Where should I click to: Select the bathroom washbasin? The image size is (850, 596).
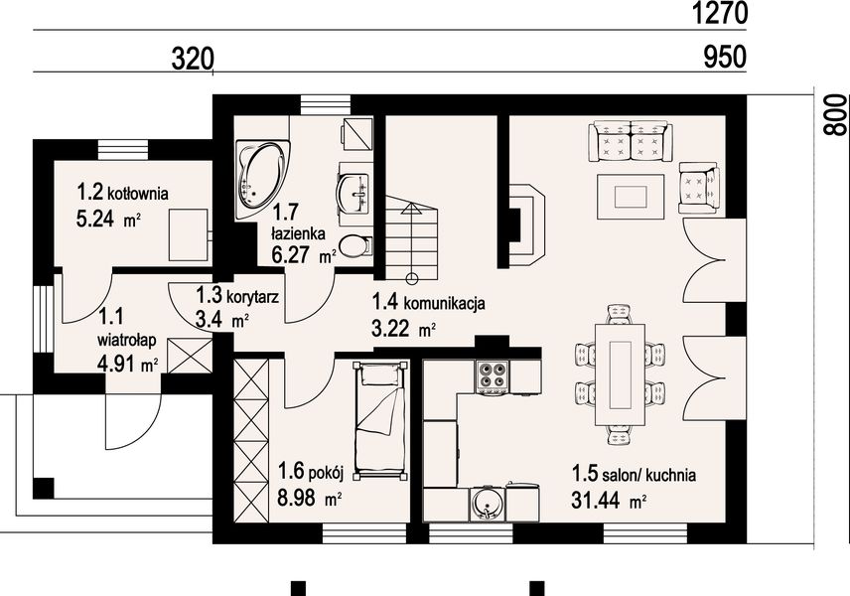click(354, 193)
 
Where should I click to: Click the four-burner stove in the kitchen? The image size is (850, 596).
click(493, 376)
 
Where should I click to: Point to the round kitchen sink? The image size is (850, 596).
click(487, 505)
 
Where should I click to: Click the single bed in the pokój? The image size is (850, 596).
click(379, 420)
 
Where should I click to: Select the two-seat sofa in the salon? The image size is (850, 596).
click(631, 141)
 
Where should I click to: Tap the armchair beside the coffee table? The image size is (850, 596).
click(699, 188)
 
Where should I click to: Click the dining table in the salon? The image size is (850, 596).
click(621, 374)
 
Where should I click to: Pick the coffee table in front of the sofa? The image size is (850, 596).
click(631, 197)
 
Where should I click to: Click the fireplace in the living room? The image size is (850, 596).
click(527, 225)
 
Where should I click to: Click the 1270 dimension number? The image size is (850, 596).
click(720, 13)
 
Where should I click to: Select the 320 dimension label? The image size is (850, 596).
click(193, 59)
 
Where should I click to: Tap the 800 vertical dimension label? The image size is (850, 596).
click(835, 114)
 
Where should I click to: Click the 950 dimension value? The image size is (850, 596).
click(725, 57)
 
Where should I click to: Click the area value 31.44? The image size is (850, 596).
click(595, 500)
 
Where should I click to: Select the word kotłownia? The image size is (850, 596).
click(138, 193)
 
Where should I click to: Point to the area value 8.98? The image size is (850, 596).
click(296, 497)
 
